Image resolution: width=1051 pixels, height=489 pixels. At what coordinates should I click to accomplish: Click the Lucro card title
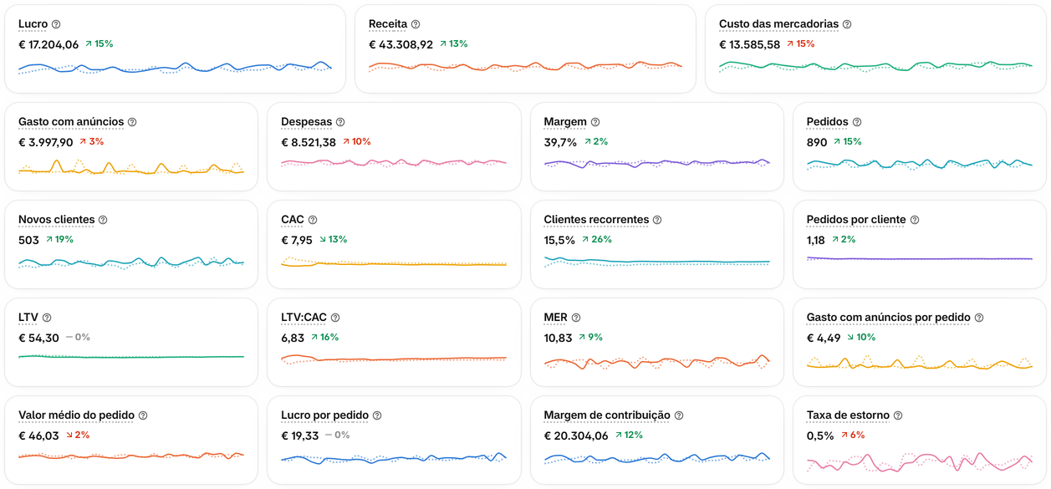33,24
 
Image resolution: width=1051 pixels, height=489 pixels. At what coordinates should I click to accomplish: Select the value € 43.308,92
401,44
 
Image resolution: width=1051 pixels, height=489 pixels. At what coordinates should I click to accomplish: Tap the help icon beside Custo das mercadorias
847,24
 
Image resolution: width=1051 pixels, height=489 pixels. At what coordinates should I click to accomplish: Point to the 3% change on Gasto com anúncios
91,142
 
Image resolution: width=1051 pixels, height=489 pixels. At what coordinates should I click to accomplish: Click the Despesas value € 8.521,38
309,142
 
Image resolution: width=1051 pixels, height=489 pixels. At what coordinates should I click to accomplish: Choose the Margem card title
565,122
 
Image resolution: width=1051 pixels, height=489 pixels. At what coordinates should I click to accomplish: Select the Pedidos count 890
816,142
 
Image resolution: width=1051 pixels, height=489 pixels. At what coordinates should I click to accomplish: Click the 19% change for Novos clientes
59,239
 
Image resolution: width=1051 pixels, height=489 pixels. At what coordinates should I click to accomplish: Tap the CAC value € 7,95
297,240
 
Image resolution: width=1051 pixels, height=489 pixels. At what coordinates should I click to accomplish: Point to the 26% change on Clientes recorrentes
597,239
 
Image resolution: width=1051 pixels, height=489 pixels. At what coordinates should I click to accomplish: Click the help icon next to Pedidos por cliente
915,220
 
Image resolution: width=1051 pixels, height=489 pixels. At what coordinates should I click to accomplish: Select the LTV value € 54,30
38,338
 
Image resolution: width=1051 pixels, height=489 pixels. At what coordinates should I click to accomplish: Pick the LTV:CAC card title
304,318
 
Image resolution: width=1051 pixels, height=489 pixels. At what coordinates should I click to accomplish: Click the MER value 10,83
558,338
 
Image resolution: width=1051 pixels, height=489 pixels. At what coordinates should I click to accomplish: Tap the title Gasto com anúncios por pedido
888,318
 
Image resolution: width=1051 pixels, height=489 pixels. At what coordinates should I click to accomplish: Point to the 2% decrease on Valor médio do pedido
78,435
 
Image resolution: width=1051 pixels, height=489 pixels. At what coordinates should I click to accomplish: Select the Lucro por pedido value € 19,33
300,436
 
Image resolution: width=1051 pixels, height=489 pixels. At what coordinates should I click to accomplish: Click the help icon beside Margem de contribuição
679,415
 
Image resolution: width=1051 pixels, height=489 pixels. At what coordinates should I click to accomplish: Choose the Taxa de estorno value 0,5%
820,436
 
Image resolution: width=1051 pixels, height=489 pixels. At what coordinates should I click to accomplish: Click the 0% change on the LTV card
78,337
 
